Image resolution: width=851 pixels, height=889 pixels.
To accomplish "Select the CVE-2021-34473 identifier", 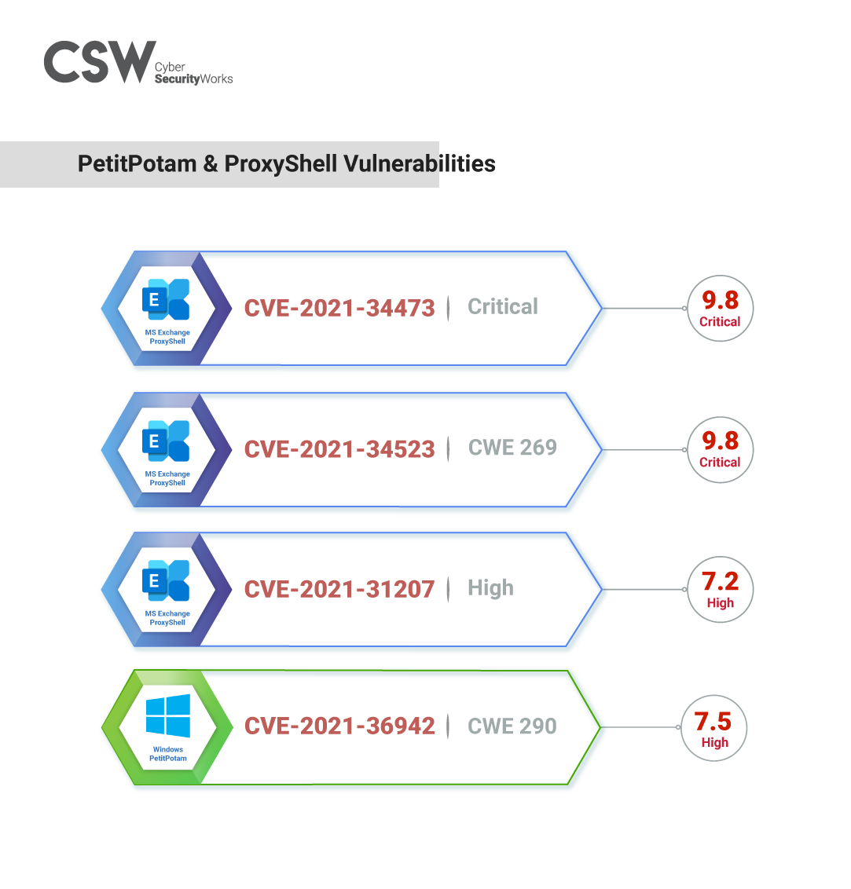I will tap(339, 308).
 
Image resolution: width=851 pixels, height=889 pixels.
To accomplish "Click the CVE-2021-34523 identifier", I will tap(339, 449).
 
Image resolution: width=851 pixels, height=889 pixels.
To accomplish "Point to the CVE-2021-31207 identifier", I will tap(339, 589).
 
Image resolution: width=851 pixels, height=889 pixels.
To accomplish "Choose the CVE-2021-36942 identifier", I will tap(339, 726).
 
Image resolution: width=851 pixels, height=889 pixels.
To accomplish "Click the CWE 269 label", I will tap(512, 448).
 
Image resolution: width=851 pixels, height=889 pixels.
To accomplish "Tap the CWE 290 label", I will tap(512, 726).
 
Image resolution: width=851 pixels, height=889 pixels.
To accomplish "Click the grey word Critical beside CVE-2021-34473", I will tap(503, 306).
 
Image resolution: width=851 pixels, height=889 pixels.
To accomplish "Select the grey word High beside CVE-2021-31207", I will tap(490, 587).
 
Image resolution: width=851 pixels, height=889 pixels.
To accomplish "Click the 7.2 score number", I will tap(720, 582).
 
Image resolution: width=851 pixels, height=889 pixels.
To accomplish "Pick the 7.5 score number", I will tap(713, 721).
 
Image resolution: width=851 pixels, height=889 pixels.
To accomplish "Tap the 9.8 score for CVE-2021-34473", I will tap(720, 300).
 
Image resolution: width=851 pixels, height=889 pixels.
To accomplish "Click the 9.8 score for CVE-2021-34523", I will tap(720, 441).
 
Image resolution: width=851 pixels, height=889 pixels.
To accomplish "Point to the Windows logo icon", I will tap(167, 715).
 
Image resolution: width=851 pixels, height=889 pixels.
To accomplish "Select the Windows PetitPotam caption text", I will tap(168, 754).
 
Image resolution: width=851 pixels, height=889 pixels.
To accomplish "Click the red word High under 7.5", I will tap(715, 743).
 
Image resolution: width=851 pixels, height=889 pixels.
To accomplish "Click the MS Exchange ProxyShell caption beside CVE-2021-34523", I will tap(167, 478).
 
